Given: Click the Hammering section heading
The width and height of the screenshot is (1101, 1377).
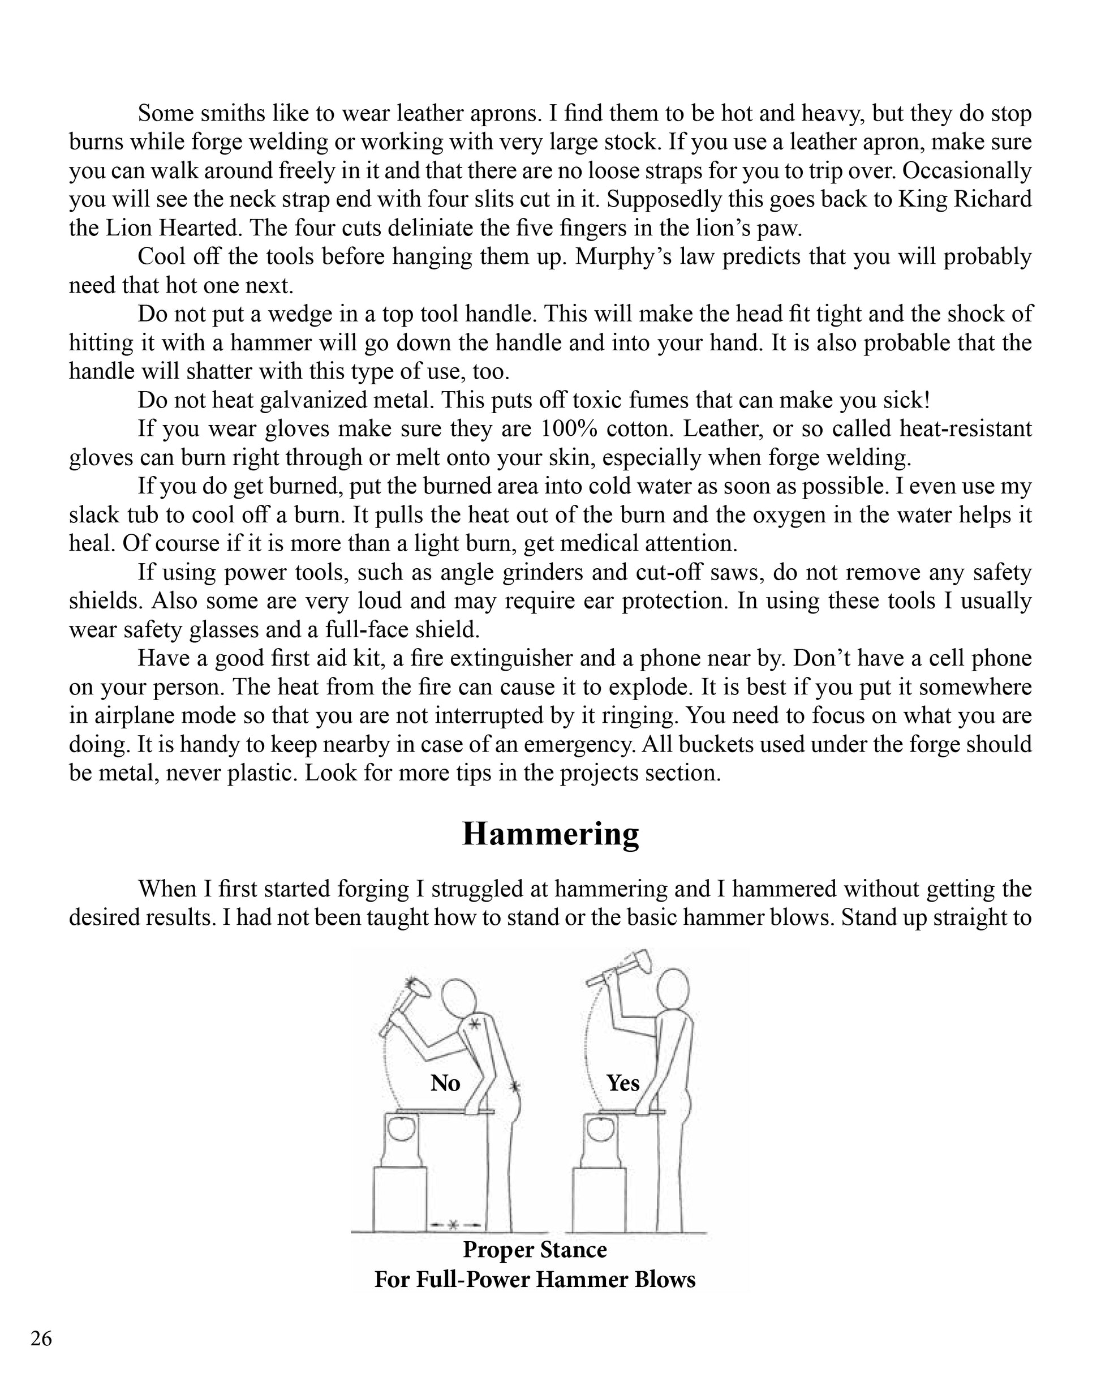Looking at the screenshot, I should click(x=550, y=834).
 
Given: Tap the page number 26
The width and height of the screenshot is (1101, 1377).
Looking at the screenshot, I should click(x=41, y=1338).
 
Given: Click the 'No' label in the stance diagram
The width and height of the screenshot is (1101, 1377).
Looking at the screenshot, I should click(x=445, y=1083).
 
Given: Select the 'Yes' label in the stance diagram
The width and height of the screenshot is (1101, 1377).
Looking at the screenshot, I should click(x=623, y=1083).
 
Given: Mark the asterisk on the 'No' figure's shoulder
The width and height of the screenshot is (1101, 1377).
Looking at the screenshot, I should click(x=474, y=1024).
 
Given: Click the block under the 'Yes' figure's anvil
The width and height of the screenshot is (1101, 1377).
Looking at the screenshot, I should click(x=599, y=1199).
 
